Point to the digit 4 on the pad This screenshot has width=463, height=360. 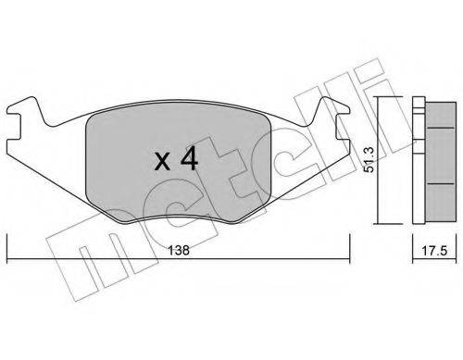(x=188, y=159)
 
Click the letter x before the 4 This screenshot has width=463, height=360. (x=161, y=162)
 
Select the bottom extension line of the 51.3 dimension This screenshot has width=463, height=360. (x=390, y=223)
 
